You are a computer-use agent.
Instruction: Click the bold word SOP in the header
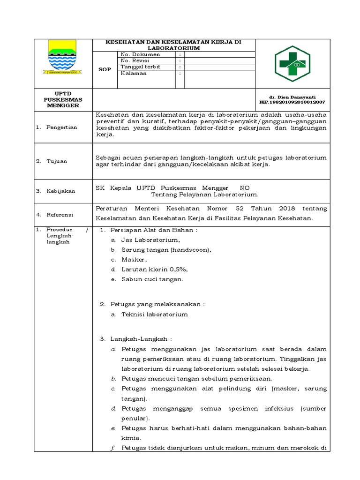click(105, 69)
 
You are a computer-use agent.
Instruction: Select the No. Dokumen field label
click(140, 54)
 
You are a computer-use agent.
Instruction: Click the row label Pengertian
click(62, 127)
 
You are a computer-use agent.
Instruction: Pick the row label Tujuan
click(57, 161)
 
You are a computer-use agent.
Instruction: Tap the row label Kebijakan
click(60, 191)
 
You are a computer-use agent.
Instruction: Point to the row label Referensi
click(60, 215)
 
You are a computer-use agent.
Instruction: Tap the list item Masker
click(134, 260)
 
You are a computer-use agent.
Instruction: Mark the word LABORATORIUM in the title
click(173, 48)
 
